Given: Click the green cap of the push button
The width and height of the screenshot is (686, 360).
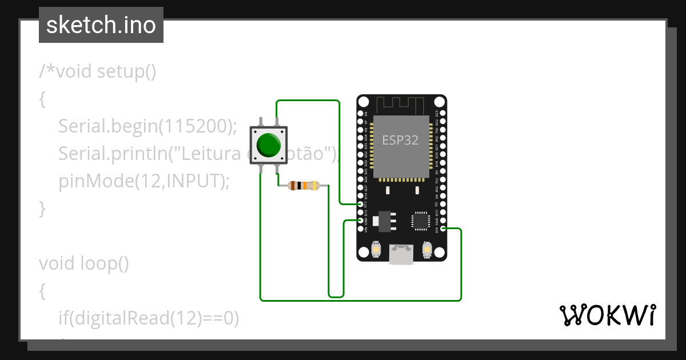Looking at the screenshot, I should coord(269,145).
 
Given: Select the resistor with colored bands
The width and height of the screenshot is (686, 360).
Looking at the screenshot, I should coord(303,185).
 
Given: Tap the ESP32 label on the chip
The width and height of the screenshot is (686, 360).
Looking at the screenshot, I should coord(400,141).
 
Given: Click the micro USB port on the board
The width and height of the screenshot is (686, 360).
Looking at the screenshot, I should coord(401,254).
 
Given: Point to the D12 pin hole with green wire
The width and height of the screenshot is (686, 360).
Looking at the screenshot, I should coord(361,204).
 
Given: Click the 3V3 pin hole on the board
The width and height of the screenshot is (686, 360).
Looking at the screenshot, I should coord(442,229).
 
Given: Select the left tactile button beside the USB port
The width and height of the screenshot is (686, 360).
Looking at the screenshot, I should coord(376,249).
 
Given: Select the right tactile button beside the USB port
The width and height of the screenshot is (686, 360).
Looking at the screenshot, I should coord(426,249).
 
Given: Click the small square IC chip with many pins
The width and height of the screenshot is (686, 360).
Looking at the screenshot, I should coord(420,221).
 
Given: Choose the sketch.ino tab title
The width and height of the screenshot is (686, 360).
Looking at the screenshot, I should coord(101,26).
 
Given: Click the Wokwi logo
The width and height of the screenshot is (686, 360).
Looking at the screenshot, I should coord(607,315).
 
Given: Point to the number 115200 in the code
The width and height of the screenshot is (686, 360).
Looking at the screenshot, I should coord(194,126).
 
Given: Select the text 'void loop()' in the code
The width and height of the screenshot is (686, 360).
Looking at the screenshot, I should coord(84,263).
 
